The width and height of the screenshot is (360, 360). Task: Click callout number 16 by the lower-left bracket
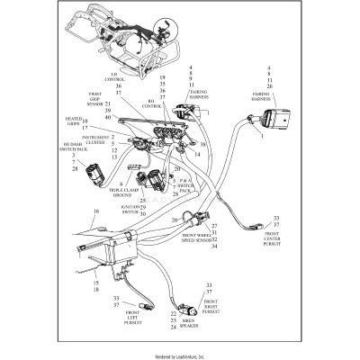coord(95,211)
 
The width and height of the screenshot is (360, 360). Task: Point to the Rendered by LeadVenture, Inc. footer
coord(180,355)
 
